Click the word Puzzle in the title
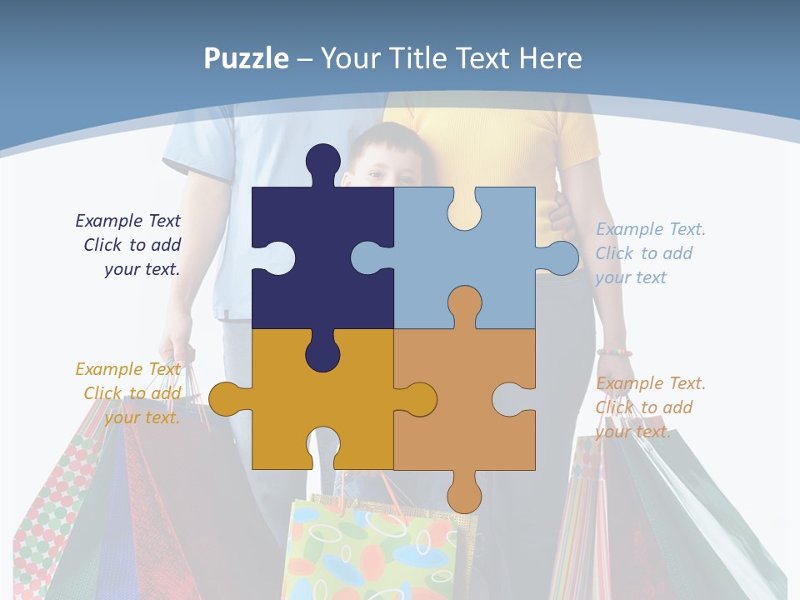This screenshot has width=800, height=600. tap(247, 59)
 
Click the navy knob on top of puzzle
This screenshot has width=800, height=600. tap(322, 162)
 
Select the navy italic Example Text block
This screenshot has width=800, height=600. tap(129, 245)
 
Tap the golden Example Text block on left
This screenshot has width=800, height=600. tap(129, 393)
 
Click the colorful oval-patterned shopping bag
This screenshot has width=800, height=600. tap(371, 550)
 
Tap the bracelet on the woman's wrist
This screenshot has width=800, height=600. tap(614, 352)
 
